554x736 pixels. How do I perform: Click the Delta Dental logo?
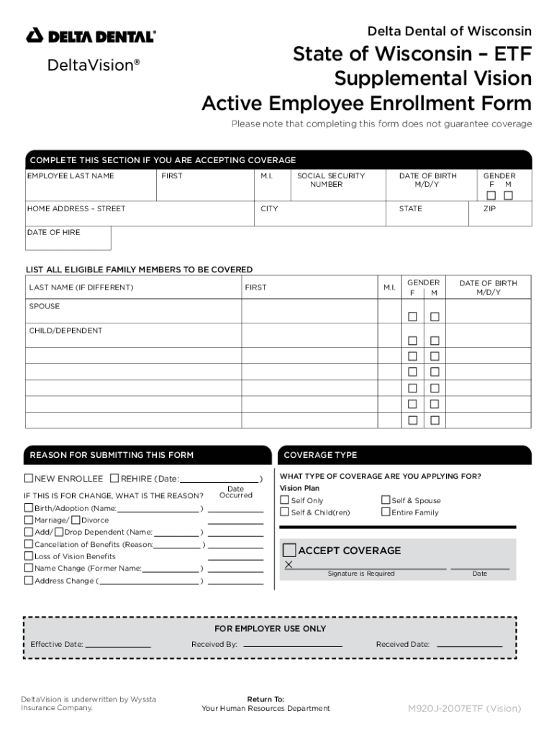[x=91, y=36]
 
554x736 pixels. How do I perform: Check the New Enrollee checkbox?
[x=29, y=479]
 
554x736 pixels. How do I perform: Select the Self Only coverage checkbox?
[x=285, y=500]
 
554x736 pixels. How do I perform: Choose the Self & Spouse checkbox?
[x=386, y=500]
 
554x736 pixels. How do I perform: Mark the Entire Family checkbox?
[x=386, y=512]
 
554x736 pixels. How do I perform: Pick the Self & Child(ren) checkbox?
[x=285, y=512]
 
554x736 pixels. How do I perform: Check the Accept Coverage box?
[x=289, y=551]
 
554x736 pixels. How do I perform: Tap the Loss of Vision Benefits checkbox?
[x=29, y=556]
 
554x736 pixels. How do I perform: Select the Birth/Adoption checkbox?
[x=29, y=508]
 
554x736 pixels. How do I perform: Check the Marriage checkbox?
[x=29, y=520]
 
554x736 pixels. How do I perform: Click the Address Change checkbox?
[x=29, y=581]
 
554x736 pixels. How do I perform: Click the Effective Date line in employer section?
[x=119, y=645]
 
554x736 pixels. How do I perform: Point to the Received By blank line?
[x=291, y=645]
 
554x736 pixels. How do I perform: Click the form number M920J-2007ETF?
[x=464, y=709]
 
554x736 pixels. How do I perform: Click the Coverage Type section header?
[x=320, y=455]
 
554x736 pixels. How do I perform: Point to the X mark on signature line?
[x=289, y=565]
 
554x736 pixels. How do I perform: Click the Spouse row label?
[x=45, y=306]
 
